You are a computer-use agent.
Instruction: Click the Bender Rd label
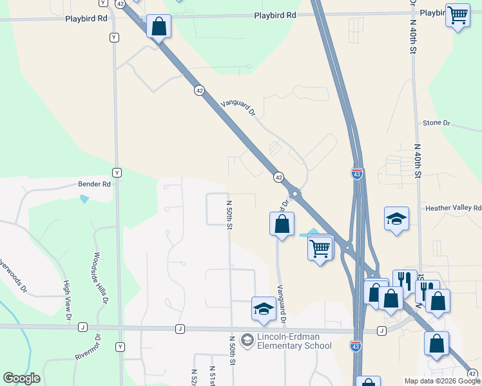tap(95, 184)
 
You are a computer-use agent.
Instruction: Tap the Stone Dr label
tap(436, 123)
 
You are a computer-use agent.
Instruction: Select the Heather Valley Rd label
tap(453, 208)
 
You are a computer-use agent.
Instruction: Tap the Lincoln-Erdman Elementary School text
tap(294, 341)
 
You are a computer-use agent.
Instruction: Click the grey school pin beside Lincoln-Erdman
tap(247, 340)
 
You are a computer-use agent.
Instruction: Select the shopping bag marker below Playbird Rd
tap(159, 28)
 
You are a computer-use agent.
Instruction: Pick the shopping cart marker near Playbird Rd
tap(458, 14)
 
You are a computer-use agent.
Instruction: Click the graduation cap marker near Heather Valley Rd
tap(396, 219)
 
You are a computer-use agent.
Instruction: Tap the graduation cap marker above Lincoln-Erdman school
tap(263, 309)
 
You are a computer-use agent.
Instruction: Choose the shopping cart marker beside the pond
tap(321, 247)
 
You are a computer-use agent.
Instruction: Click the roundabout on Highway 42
tap(295, 193)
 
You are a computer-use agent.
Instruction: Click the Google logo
tap(21, 378)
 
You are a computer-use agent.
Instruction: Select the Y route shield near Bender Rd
tap(117, 172)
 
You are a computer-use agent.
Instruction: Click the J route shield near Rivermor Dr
tap(82, 327)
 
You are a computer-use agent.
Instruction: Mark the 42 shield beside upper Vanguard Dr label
tap(200, 91)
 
